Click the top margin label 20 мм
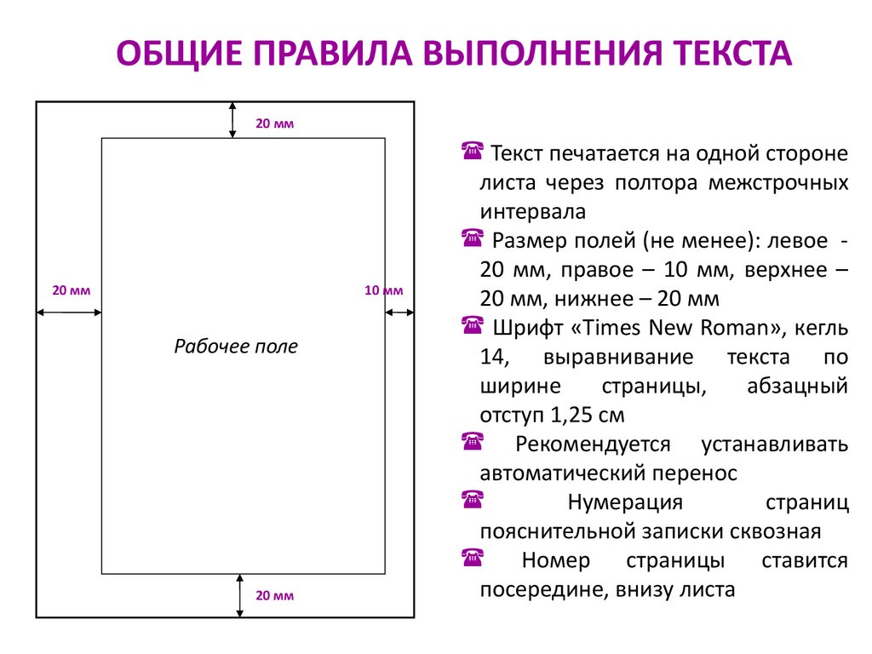tap(274, 124)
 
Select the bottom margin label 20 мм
tap(274, 595)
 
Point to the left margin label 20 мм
tap(72, 290)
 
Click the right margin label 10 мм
tap(383, 290)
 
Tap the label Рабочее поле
tap(236, 347)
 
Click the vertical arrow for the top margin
tap(233, 119)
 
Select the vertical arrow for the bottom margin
tap(241, 594)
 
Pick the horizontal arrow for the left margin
tap(68, 312)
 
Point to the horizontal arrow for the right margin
tap(399, 312)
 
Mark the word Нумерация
tap(624, 502)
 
